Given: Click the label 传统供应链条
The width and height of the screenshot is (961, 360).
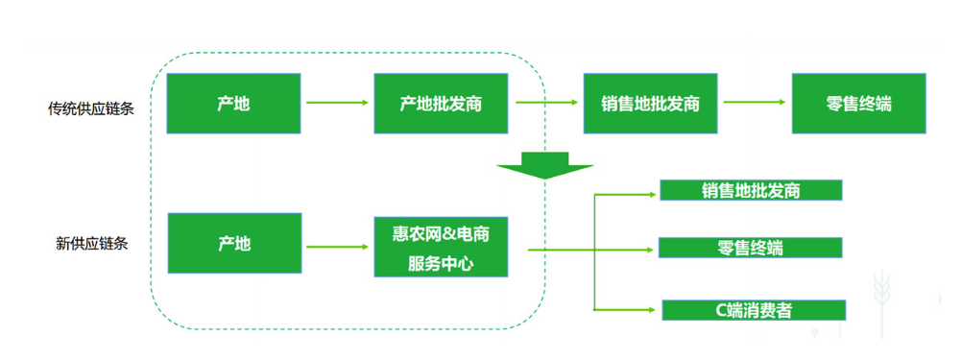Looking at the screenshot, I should (91, 108).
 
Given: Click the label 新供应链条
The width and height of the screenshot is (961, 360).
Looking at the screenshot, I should (92, 244).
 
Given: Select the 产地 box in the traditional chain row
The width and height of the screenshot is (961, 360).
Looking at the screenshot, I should (233, 104).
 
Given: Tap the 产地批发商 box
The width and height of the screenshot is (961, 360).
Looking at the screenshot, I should (440, 104).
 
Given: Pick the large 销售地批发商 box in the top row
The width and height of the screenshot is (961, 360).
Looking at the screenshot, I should (650, 104).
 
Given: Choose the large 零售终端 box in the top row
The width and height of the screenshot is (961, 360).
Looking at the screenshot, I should (858, 104).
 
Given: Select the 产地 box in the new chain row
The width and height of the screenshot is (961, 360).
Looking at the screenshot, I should (233, 245).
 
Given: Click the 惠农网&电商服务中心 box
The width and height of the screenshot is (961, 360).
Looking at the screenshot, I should (440, 247).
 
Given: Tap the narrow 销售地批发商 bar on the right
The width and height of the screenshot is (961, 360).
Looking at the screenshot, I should (751, 190).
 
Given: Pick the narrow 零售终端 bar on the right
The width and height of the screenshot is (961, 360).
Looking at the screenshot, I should (750, 248).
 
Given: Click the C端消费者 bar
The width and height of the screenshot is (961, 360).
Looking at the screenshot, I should (753, 310).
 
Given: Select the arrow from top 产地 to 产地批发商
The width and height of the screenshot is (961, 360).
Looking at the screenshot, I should (337, 102).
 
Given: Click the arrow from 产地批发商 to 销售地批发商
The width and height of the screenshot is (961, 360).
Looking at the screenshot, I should (546, 102).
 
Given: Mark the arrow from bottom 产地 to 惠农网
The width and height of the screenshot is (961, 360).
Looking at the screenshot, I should (337, 247).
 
